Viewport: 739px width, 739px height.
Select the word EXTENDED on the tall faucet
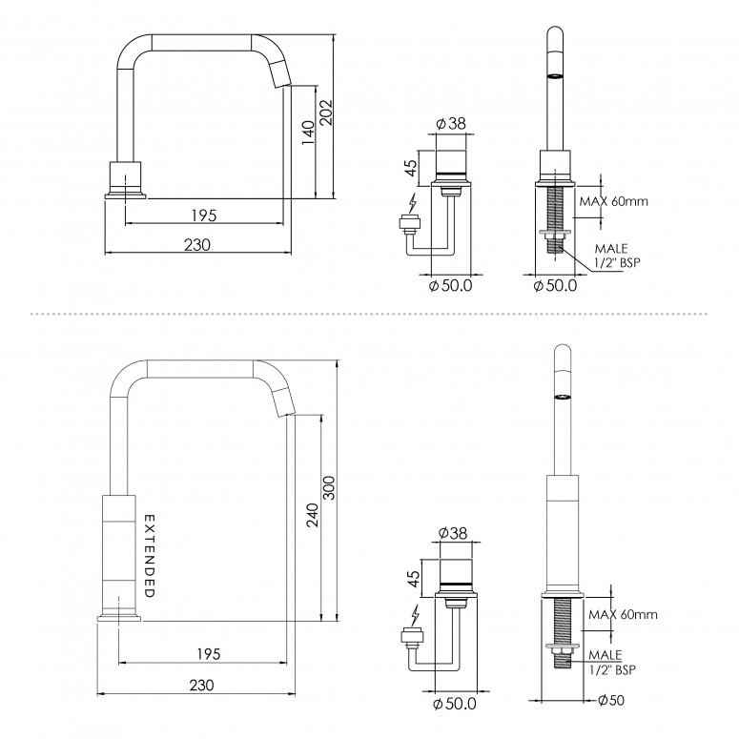click(149, 556)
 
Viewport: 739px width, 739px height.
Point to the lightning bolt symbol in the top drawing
click(412, 203)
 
